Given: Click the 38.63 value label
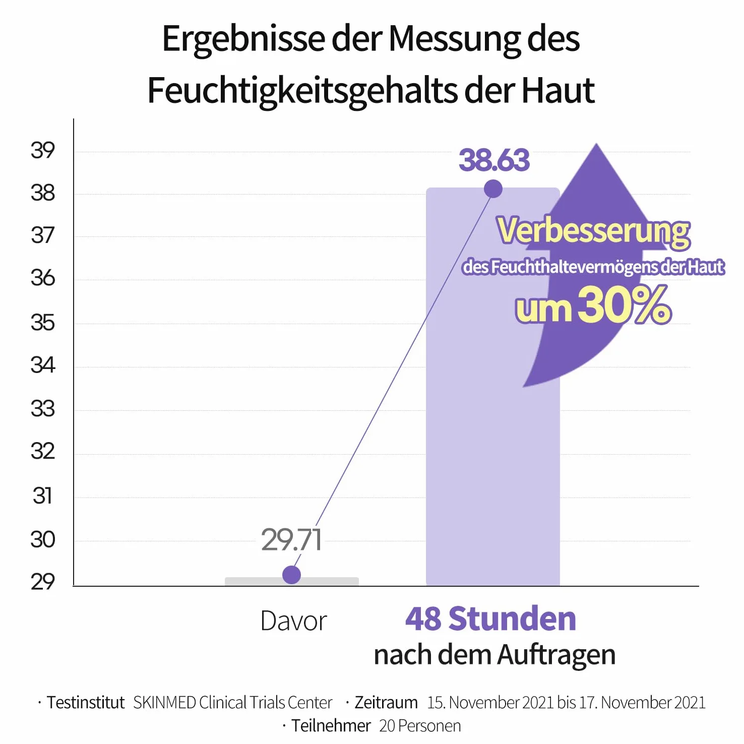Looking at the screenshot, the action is pos(494,160).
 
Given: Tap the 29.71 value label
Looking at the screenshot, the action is pos(291,540).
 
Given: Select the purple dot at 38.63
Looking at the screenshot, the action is pos(493,189).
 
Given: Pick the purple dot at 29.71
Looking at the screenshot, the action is pos(291,575).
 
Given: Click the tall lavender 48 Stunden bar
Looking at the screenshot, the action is pos(493,387).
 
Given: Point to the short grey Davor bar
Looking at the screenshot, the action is pos(292,581).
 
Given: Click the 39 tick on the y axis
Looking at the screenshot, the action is pos(43,150).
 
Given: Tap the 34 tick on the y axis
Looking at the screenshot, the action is pos(43,365).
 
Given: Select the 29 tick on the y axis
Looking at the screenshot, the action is pos(43,582).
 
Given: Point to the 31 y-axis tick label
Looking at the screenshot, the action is pos(43,495).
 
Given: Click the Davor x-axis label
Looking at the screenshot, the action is pos(294,621).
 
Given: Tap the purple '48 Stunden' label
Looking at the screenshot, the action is pos(490,619).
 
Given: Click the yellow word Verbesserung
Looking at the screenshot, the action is pos(593,231).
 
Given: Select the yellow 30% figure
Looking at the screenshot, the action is pos(625,304).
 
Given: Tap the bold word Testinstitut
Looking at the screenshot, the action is pos(86,702).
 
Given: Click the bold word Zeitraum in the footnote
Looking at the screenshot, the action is pos(386,702).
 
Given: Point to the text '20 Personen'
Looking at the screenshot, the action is pos(420,726).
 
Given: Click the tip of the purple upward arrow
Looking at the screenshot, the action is pos(597,144).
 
